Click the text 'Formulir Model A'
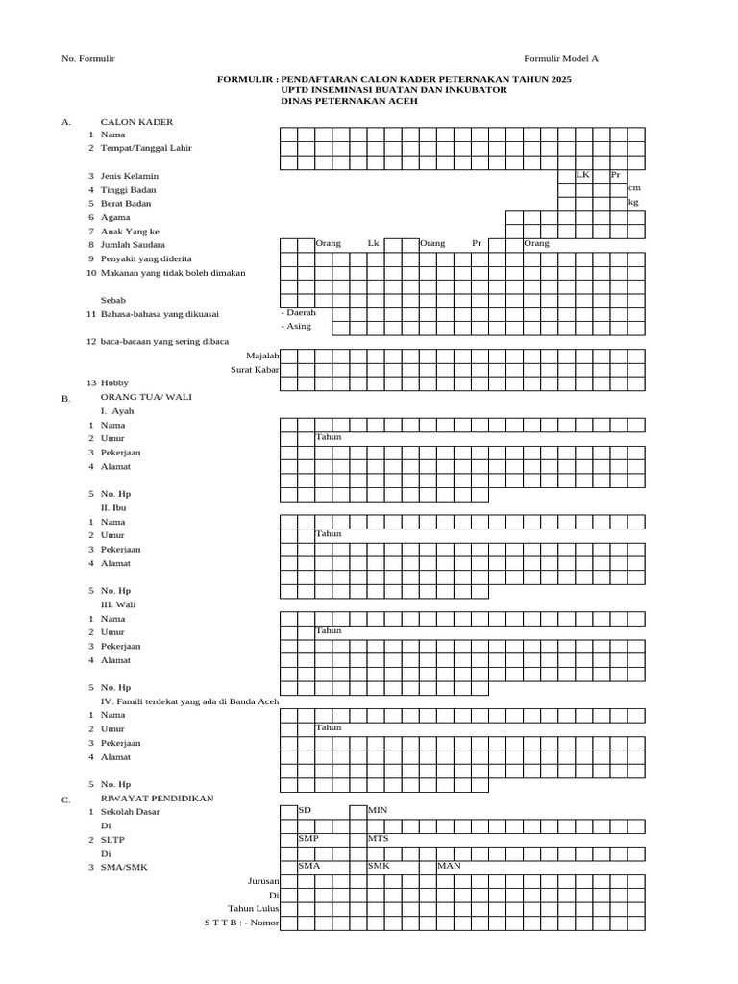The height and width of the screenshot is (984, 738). point(560,59)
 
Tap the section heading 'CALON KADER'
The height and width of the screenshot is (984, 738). point(136,122)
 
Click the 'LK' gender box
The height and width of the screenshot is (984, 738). point(583,175)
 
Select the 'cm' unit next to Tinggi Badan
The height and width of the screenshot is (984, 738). point(634,188)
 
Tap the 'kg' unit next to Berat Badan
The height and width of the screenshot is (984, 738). point(633,203)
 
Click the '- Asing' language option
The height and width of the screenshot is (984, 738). point(295,327)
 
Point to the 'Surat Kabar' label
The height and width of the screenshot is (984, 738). point(255,369)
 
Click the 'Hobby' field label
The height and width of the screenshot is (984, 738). point(114,383)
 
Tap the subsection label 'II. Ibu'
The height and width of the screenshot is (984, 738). point(113,507)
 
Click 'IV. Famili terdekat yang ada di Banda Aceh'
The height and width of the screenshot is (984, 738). point(189,701)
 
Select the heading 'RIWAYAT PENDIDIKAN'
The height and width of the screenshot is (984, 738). point(157,799)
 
